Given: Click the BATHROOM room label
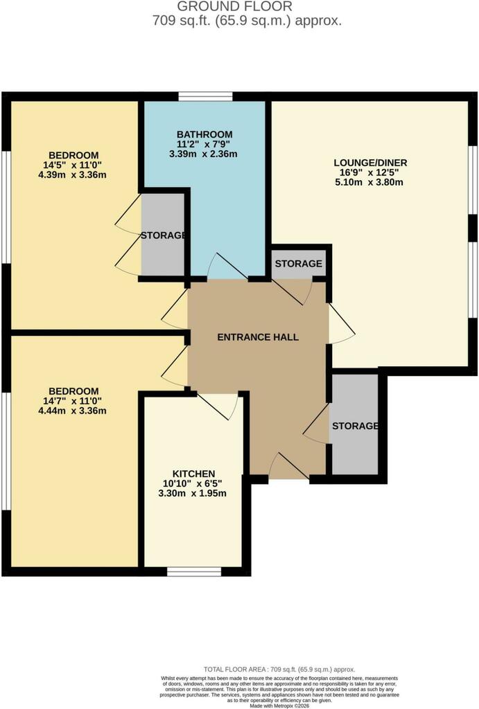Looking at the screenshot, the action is pos(204,134).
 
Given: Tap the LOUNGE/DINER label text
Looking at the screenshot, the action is pos(370,163).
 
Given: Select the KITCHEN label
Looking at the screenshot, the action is pos(194,474).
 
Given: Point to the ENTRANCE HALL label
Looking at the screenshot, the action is pos(258,337).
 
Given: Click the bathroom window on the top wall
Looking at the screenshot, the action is pos(205,96).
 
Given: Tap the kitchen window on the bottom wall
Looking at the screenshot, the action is pos(194,571).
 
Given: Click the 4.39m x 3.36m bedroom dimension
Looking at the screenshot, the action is pos(72,175).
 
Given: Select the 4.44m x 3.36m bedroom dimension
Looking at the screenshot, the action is pos(72,411).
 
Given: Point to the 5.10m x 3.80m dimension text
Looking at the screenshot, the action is pos(369,183).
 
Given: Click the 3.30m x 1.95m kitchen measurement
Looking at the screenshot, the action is pos(193,493).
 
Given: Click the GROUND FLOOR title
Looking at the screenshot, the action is pos(234,6).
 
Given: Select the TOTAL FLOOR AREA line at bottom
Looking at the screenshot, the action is pos(279,670).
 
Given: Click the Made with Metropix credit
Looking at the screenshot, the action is pos(279,706).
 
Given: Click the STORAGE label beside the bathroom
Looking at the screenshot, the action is pos(163,235).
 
